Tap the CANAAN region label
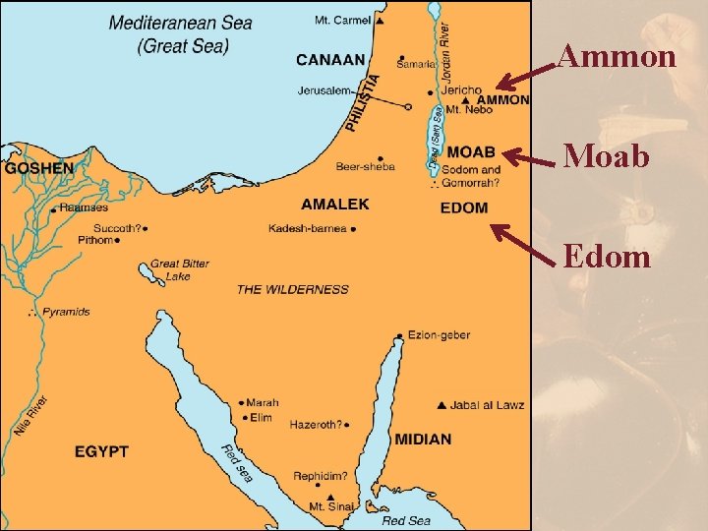pos(330,60)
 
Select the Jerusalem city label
pos(324,90)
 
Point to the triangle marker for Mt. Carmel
pos(380,21)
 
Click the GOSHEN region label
pos(39,168)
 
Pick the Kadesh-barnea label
pos(307,228)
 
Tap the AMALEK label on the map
pos(335,205)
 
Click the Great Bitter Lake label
pos(179,269)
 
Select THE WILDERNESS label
pos(292,289)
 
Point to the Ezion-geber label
pos(434,335)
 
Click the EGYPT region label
pos(101,451)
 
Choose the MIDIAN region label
pos(423,439)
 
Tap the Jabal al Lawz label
pos(488,405)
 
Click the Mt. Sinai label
pos(330,506)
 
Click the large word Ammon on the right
pos(617,57)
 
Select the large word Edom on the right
pos(607,257)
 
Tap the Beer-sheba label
pos(365,166)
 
